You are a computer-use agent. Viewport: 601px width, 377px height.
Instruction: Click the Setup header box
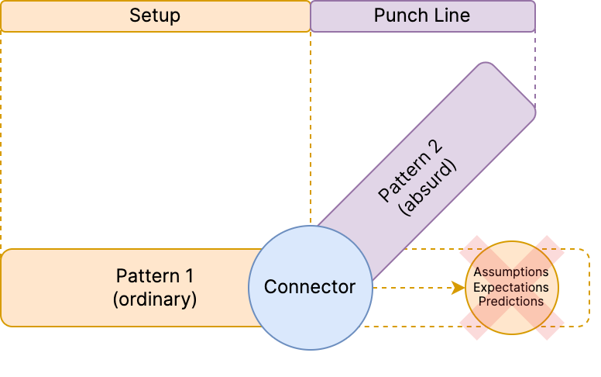click(155, 16)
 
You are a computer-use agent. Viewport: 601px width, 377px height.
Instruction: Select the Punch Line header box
click(422, 16)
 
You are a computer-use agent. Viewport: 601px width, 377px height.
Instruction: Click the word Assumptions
click(511, 272)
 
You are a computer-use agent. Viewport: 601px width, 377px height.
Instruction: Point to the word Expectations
click(511, 287)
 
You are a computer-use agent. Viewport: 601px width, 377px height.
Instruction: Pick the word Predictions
click(511, 301)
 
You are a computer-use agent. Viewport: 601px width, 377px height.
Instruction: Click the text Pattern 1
click(155, 275)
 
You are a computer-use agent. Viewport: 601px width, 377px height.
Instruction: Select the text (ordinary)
click(155, 299)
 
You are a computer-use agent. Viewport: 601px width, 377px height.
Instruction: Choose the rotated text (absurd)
click(427, 187)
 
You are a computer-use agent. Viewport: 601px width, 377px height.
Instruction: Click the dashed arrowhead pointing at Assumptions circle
click(458, 288)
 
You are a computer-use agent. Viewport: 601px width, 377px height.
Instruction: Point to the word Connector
click(310, 287)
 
